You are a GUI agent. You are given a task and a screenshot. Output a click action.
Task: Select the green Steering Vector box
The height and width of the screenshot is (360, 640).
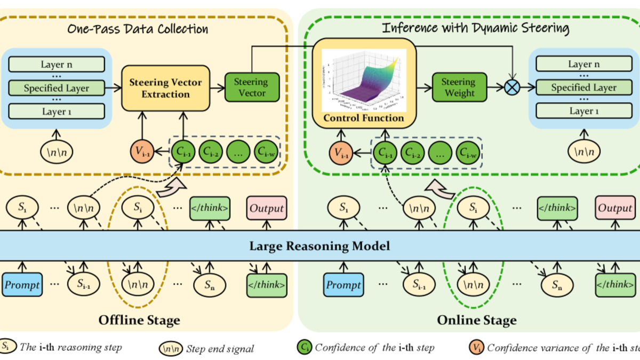pyautogui.click(x=251, y=87)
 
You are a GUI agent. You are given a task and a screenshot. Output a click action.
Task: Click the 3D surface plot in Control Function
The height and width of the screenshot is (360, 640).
pyautogui.click(x=363, y=78)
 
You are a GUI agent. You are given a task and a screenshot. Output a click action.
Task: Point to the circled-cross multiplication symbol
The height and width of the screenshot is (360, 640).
pyautogui.click(x=513, y=87)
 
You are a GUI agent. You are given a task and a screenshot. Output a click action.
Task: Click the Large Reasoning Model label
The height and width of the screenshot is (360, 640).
pyautogui.click(x=320, y=246)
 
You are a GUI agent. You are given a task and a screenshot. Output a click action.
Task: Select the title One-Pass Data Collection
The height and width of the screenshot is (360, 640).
pyautogui.click(x=138, y=28)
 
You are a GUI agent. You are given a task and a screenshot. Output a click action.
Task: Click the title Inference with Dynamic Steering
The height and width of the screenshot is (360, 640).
pyautogui.click(x=476, y=28)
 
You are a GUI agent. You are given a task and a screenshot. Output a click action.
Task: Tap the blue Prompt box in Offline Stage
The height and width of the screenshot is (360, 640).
pyautogui.click(x=22, y=285)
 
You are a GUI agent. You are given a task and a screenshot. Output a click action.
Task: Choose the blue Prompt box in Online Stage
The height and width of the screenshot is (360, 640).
pyautogui.click(x=343, y=285)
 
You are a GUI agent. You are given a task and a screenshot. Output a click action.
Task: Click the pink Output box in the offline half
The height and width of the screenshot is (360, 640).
pyautogui.click(x=267, y=208)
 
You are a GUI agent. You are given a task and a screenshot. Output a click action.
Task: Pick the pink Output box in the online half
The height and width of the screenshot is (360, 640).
pyautogui.click(x=615, y=208)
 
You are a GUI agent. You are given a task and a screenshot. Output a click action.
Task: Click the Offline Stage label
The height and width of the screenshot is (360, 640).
pyautogui.click(x=139, y=320)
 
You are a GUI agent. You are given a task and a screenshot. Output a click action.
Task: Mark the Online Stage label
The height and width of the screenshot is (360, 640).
pyautogui.click(x=476, y=320)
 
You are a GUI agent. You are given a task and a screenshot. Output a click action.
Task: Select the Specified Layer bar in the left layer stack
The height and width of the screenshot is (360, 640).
pyautogui.click(x=57, y=88)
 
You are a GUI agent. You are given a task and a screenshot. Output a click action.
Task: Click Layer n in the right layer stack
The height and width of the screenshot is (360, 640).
pyautogui.click(x=583, y=64)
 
